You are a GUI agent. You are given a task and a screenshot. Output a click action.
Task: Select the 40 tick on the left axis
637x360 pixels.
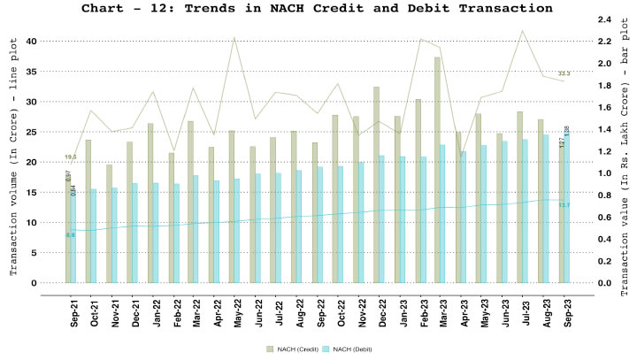coord(31,42)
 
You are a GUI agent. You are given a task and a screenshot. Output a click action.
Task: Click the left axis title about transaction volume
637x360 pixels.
coord(13,164)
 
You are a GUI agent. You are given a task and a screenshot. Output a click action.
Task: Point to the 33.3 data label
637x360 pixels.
coord(564,73)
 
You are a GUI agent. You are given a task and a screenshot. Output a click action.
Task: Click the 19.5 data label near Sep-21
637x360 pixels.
coord(71,157)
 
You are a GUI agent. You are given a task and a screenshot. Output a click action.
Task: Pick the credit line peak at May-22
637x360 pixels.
coord(234,38)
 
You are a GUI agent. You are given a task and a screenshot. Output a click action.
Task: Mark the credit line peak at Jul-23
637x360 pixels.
coord(523,31)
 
